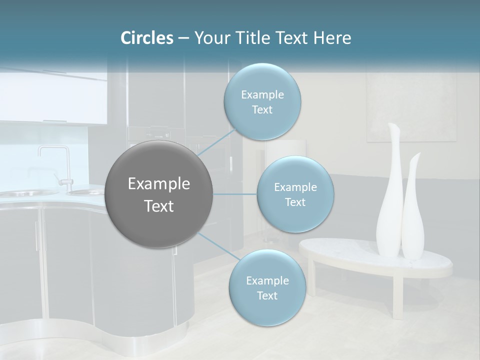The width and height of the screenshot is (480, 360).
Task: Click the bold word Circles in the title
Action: pos(146,38)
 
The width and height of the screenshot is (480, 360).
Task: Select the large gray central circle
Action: pos(159,194)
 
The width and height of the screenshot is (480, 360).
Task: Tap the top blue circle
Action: pos(262,102)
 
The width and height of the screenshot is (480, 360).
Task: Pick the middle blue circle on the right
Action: pos(295,194)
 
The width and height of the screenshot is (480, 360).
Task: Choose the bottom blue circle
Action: pos(267,288)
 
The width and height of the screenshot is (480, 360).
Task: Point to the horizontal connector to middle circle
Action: pos(234,194)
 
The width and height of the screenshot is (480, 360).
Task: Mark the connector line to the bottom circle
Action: pos(216,246)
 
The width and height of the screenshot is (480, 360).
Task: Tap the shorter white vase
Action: pos(413,215)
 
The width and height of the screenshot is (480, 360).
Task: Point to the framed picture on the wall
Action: pos(411,107)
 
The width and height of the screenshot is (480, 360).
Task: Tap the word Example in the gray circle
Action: pos(159,183)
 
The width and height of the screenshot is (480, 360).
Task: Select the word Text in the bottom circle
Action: pos(267,295)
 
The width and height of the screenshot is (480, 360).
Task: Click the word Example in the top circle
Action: pos(262,94)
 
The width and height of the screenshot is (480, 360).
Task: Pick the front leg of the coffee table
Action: pos(397,297)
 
